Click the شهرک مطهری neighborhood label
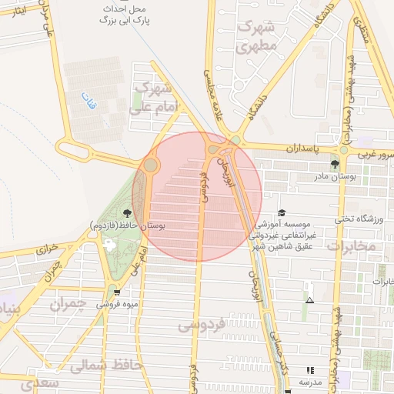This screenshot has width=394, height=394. [259, 36]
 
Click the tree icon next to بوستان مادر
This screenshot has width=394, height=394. [335, 164]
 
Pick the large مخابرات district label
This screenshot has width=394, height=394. [351, 246]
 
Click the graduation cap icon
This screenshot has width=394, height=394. [282, 212]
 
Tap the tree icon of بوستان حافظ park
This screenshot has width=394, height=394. [127, 213]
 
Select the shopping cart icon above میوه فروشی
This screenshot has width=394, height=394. [116, 292]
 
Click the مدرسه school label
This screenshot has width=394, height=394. [309, 382]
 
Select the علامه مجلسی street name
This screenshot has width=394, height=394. [210, 82]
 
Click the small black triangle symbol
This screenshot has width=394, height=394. [309, 300]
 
